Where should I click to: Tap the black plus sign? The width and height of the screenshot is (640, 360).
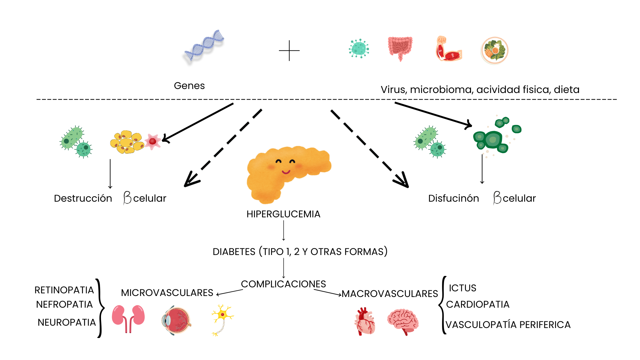coord(289,51)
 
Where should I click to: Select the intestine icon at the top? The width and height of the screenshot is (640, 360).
coord(400,48)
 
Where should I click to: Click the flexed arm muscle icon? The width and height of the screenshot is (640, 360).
coord(448,49)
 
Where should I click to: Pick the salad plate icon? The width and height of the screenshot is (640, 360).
coord(495,51)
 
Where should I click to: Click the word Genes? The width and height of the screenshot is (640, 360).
coord(189,86)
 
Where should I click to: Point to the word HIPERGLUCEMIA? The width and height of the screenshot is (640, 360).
coord(283,214)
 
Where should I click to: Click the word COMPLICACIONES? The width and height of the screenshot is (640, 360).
coord(283,284)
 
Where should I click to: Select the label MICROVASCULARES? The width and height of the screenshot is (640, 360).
coord(167,293)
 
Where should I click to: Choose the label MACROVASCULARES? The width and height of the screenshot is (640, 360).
coord(390,294)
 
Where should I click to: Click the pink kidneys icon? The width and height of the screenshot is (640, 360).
coord(128,318)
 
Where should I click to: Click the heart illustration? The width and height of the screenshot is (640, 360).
coord(365,321)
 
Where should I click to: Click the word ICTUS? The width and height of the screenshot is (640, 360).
coord(462,288)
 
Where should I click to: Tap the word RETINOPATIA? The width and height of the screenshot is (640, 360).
coord(64,290)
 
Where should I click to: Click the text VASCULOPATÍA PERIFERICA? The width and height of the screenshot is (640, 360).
coord(508,325)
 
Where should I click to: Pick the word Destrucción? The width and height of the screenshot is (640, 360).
coord(83,198)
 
